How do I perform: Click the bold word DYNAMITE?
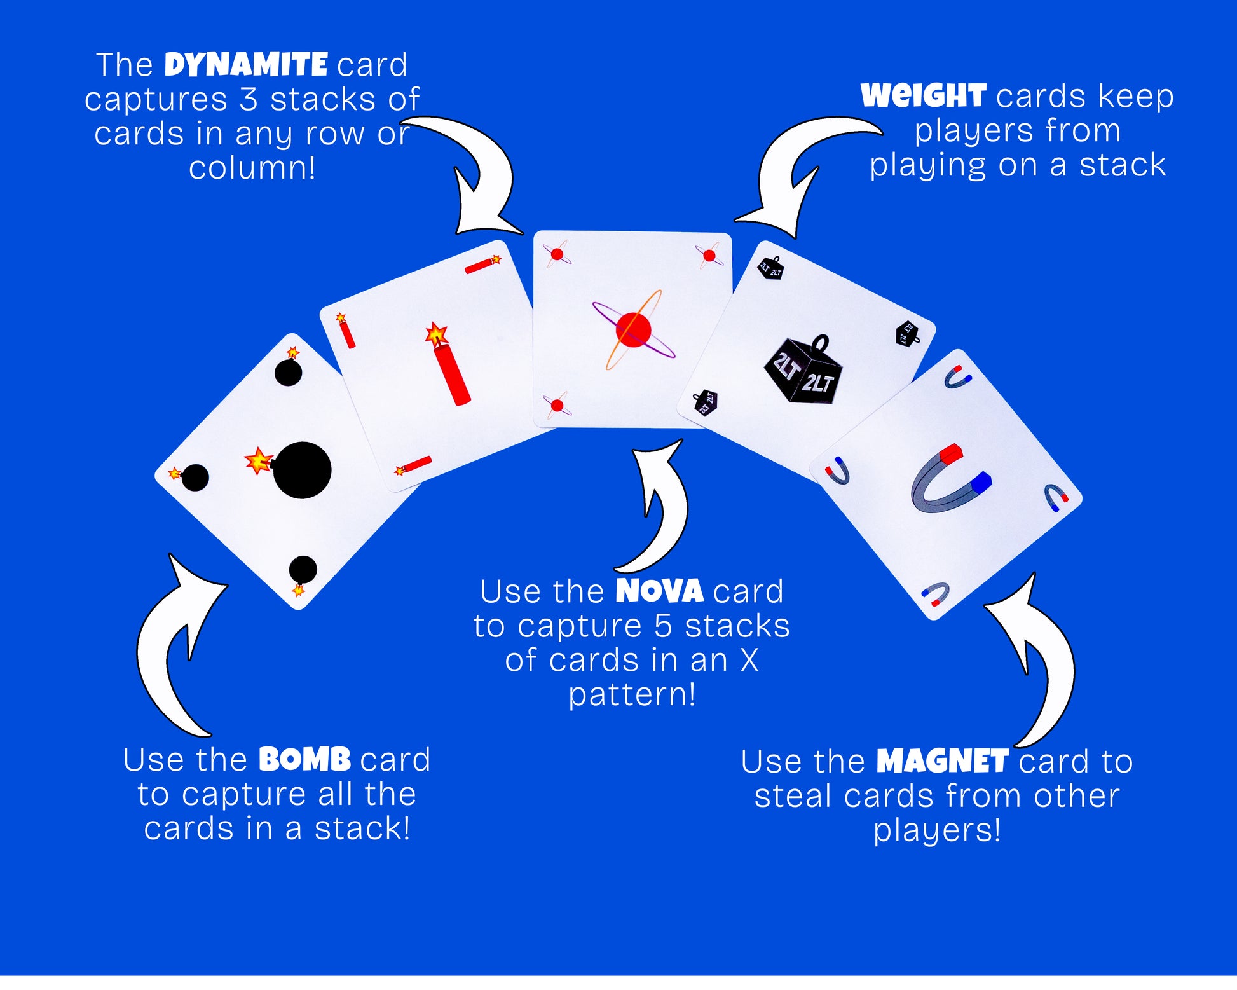(246, 65)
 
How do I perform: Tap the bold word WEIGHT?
(923, 96)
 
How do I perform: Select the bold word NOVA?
(659, 591)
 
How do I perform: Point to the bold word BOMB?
(305, 759)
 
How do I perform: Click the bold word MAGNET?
(943, 761)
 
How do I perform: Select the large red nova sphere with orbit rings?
(633, 329)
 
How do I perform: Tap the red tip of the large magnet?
(951, 454)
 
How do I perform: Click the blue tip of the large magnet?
(981, 481)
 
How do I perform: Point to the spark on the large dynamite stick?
(435, 333)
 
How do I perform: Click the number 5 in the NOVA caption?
(663, 626)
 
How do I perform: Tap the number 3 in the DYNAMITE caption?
(249, 99)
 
